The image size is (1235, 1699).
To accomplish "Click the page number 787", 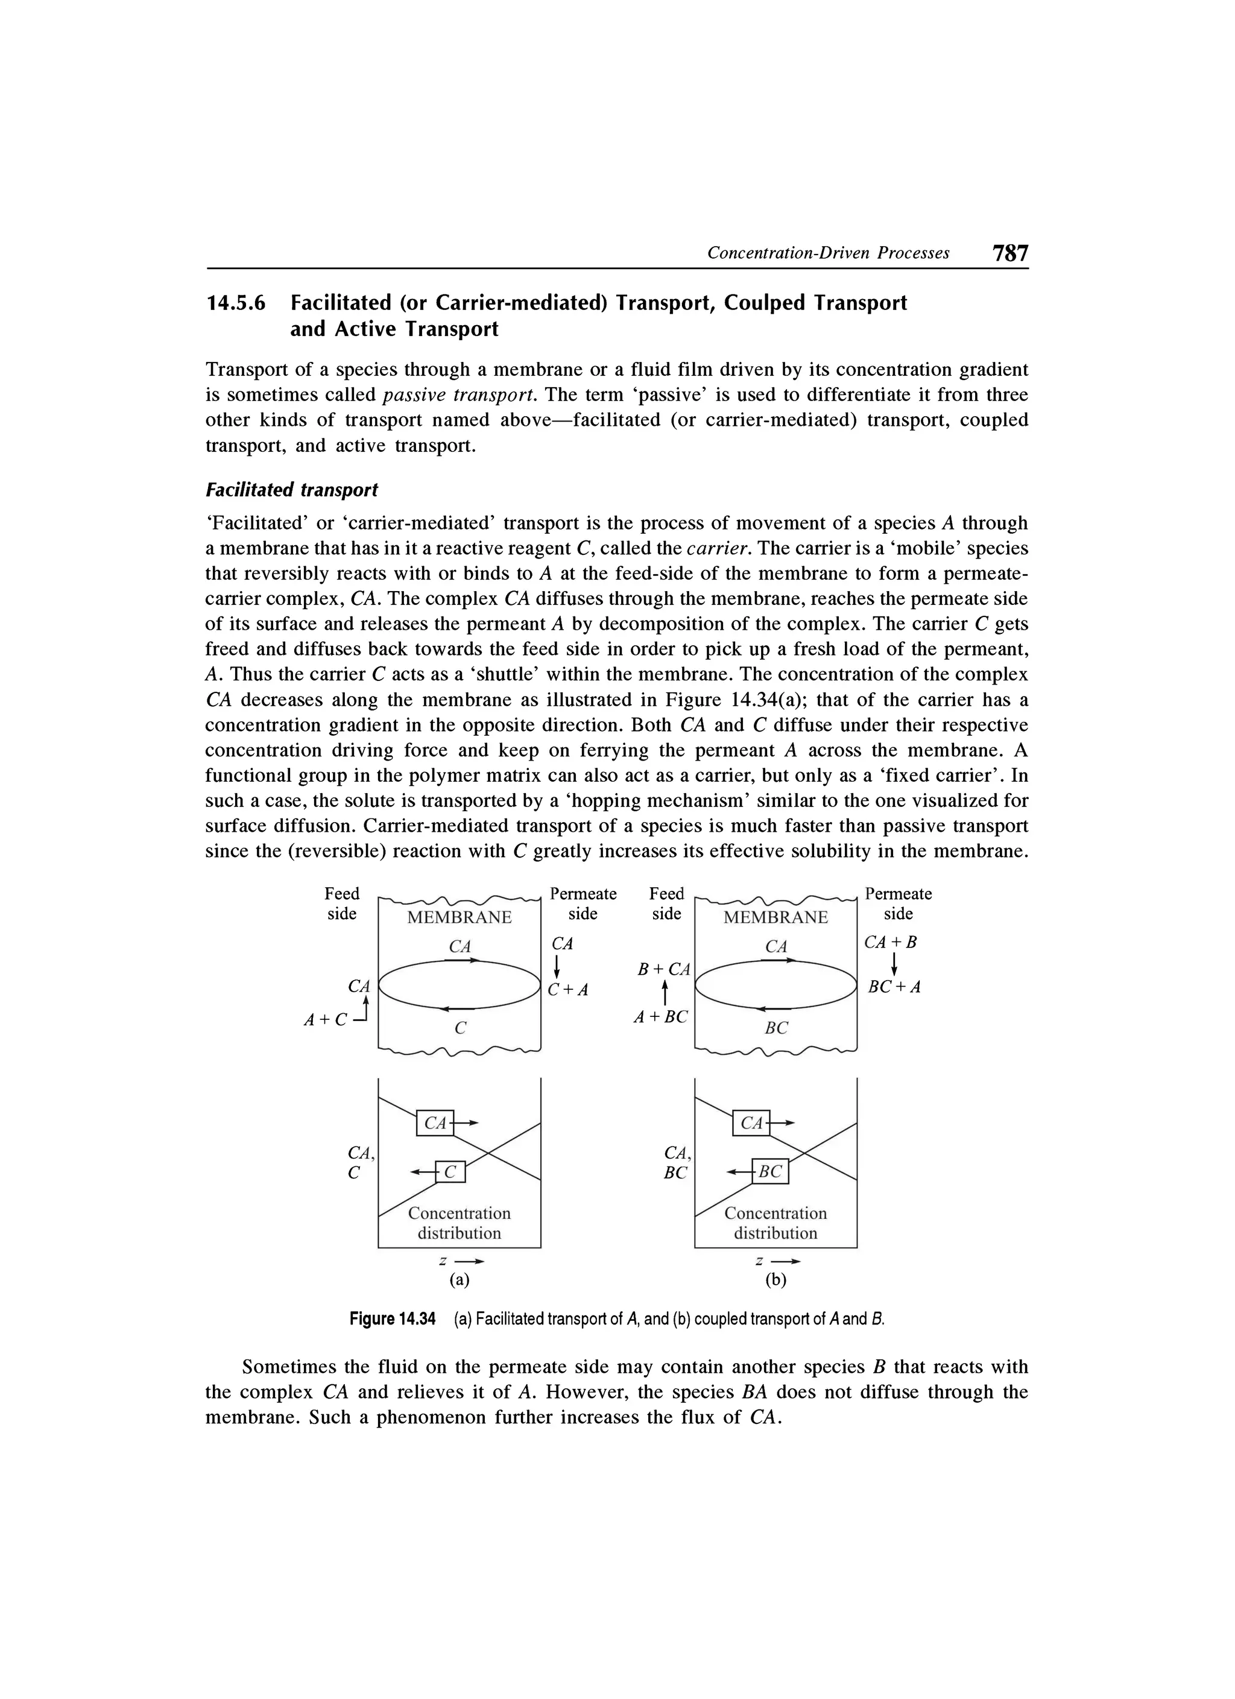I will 1009,253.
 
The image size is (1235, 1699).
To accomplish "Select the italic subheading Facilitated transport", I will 292,490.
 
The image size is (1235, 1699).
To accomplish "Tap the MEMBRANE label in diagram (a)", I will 459,918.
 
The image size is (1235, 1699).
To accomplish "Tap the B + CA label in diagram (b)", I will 663,969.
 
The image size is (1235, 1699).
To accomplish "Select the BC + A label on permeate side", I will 894,987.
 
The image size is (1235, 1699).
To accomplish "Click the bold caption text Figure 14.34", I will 393,1318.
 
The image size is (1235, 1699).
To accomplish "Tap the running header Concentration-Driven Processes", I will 829,253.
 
